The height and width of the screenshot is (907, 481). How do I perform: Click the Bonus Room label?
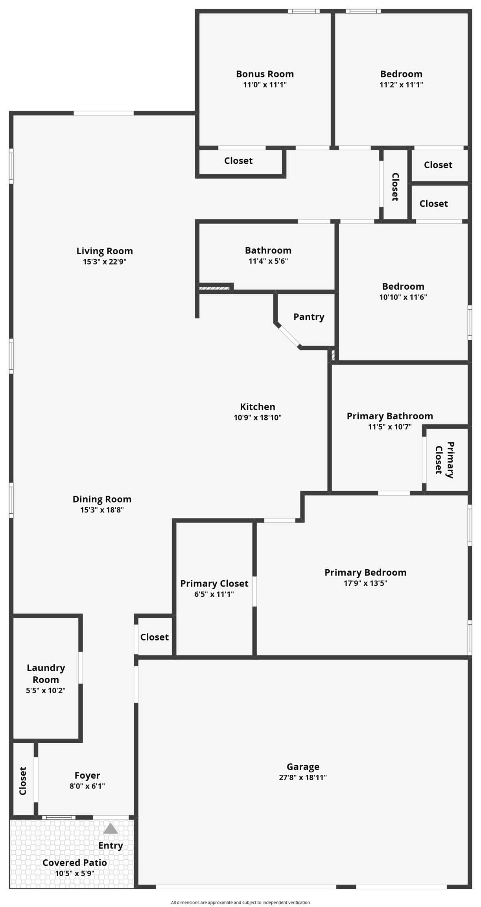click(x=265, y=74)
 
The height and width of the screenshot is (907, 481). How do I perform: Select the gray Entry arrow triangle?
click(x=111, y=829)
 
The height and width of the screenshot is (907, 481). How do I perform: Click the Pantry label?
click(x=309, y=317)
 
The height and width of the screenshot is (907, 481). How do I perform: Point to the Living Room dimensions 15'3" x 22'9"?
click(x=105, y=261)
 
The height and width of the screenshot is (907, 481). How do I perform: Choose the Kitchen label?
click(x=258, y=407)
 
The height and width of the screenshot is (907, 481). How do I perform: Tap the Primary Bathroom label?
click(x=390, y=416)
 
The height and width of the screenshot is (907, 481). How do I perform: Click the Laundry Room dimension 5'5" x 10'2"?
click(x=46, y=690)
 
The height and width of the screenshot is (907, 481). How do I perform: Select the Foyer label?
click(x=87, y=776)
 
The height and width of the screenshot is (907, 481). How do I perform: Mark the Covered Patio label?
click(x=75, y=863)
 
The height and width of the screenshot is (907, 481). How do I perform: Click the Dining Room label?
click(x=102, y=499)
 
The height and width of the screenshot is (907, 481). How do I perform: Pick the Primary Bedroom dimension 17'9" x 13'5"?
click(x=365, y=583)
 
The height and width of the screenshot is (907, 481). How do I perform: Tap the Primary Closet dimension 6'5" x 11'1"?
click(x=214, y=594)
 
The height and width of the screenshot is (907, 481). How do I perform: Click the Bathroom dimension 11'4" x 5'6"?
click(x=268, y=261)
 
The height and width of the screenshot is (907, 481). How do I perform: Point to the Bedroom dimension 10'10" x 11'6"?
click(x=403, y=297)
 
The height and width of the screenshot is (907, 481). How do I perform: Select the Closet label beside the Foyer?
click(x=23, y=781)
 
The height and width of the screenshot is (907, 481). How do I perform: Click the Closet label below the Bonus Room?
click(x=238, y=161)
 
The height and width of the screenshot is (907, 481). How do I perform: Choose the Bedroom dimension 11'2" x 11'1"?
click(x=401, y=85)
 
